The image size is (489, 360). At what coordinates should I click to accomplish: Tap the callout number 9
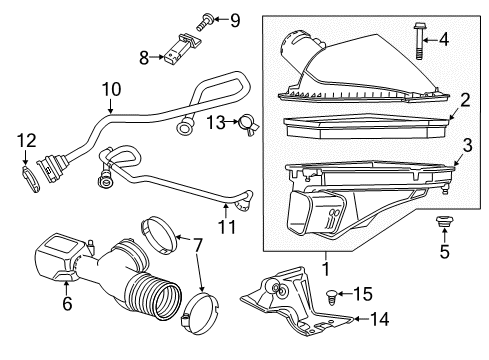[x=235, y=19]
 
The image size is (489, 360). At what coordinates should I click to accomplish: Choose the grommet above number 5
[x=441, y=219]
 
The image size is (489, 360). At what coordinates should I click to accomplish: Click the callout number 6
[x=68, y=302]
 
